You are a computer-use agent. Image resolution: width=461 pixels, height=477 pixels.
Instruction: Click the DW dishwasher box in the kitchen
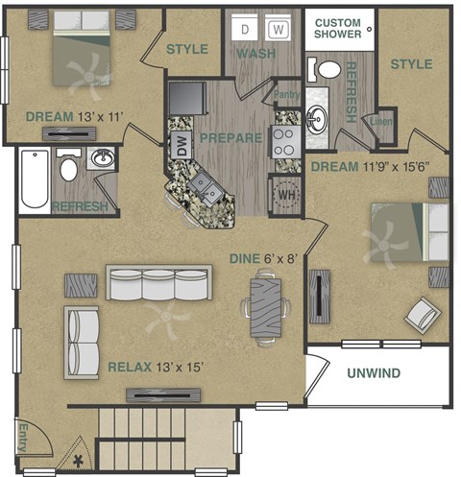pyautogui.click(x=180, y=146)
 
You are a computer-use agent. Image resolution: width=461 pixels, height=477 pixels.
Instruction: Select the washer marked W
pyautogui.click(x=278, y=30)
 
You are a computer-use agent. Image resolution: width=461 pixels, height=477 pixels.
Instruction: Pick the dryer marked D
pyautogui.click(x=244, y=30)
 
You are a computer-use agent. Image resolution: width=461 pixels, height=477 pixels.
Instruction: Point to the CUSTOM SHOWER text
pyautogui.click(x=339, y=28)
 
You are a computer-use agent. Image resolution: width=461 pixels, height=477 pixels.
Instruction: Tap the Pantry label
pyautogui.click(x=287, y=94)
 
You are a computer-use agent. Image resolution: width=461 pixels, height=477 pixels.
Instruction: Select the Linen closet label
pyautogui.click(x=379, y=121)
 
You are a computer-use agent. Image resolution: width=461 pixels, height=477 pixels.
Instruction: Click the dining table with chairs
pyautogui.click(x=265, y=305)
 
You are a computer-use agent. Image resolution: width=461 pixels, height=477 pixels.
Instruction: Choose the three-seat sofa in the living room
pyautogui.click(x=157, y=284)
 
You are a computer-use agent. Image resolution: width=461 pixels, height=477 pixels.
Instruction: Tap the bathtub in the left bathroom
pyautogui.click(x=34, y=180)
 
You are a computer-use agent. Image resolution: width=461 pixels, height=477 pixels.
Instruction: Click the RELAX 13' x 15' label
pyautogui.click(x=157, y=367)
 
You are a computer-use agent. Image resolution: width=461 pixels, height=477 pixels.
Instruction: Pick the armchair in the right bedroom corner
pyautogui.click(x=422, y=312)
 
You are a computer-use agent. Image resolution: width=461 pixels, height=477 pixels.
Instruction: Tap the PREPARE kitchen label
pyautogui.click(x=230, y=137)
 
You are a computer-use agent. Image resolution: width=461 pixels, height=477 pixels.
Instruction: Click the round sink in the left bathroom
pyautogui.click(x=101, y=158)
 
